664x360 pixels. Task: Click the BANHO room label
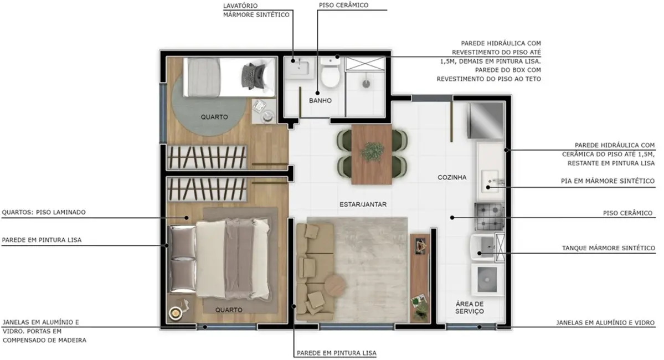[320, 101]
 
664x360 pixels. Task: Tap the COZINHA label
[452, 178]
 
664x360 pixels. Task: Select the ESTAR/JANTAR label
[363, 204]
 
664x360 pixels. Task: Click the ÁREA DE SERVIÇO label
[470, 308]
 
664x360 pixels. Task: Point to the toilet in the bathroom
[331, 74]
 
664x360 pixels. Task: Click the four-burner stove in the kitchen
[488, 217]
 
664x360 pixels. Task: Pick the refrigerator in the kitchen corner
[485, 121]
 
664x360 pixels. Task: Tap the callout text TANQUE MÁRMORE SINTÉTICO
[608, 248]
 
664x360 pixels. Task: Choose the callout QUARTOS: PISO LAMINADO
[44, 212]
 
